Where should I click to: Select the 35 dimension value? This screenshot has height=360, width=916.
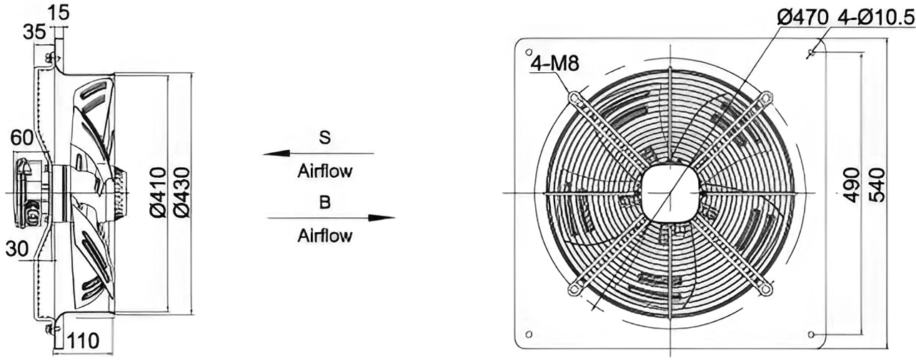click(34, 32)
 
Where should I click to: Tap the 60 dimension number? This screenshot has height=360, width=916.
click(21, 138)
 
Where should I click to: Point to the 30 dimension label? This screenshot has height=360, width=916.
click(17, 249)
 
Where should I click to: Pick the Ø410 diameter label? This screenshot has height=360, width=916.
click(158, 192)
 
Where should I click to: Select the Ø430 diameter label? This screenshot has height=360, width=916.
click(181, 192)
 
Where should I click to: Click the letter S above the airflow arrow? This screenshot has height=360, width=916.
click(324, 138)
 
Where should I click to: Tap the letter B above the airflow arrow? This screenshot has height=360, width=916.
click(324, 202)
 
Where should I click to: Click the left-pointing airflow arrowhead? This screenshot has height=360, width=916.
click(276, 154)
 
